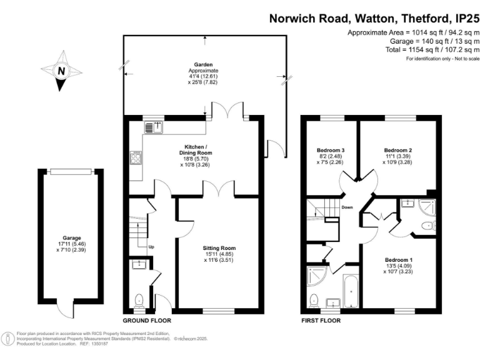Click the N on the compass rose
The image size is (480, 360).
coord(61,71)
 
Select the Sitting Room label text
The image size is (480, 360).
coord(219,248)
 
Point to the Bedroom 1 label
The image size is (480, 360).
coord(398,259)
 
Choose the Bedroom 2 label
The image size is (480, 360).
coord(398,150)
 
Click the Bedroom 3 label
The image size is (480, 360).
coord(331,150)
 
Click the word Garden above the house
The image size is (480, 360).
coord(203,64)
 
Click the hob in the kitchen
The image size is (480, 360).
coord(136,158)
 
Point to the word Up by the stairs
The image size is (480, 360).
coord(151,246)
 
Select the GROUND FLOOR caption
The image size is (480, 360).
coord(147,320)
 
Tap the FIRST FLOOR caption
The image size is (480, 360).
coord(321,320)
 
